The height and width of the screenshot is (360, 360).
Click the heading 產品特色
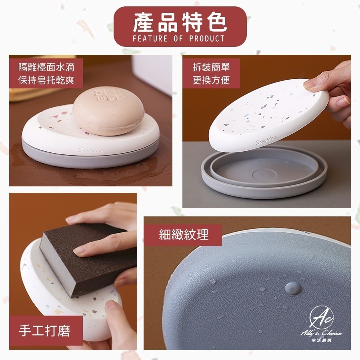pyautogui.click(x=180, y=23)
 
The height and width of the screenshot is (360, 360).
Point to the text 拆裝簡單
pyautogui.click(x=211, y=66)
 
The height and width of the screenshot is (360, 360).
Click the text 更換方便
pyautogui.click(x=211, y=80)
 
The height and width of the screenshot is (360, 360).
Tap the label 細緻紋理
pyautogui.click(x=184, y=234)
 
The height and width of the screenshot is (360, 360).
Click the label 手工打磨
pyautogui.click(x=44, y=331)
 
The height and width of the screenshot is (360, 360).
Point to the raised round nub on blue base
pyautogui.click(x=293, y=287)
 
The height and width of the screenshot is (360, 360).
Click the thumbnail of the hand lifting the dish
pyautogui.click(x=266, y=131)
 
